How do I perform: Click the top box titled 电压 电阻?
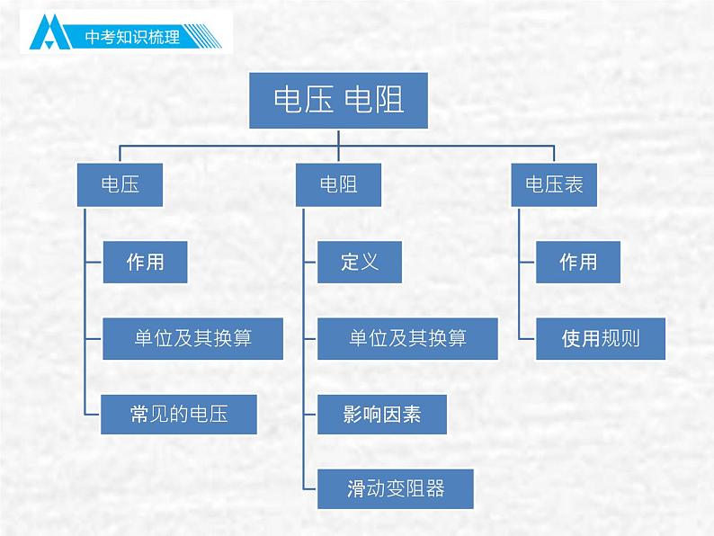point(338,98)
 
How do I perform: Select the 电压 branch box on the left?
point(120,184)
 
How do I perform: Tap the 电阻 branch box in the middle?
point(338,184)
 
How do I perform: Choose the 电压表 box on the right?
point(555,184)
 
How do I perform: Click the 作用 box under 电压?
point(145,262)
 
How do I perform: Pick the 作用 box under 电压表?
point(577,262)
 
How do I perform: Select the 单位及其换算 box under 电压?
point(192,338)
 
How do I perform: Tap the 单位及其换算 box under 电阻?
point(407,338)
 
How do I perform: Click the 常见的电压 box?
point(179,414)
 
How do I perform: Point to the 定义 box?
point(359,262)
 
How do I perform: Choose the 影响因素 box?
point(381,414)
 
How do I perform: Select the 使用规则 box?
point(601,338)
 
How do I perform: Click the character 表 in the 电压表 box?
point(575,184)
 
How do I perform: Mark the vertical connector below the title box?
point(338,137)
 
